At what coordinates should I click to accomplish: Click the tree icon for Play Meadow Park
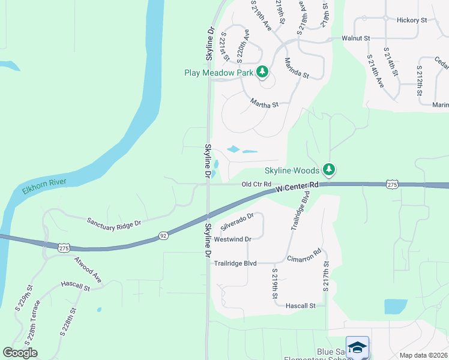tap(262, 73)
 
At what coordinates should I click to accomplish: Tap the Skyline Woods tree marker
tap(328, 170)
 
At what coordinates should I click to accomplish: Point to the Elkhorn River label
tap(47, 186)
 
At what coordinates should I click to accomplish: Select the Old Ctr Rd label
tap(257, 184)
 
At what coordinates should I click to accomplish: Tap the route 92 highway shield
tap(163, 236)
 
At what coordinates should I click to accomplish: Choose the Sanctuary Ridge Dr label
tap(113, 222)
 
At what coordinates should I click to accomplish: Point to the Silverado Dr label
tap(237, 221)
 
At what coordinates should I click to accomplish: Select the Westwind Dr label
tap(232, 239)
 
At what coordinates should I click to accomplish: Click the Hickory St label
tap(411, 20)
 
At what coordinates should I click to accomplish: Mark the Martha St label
tap(265, 104)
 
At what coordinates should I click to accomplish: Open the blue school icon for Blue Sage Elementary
tap(357, 347)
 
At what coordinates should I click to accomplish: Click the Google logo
tap(20, 353)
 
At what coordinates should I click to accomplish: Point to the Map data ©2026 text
tap(423, 355)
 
